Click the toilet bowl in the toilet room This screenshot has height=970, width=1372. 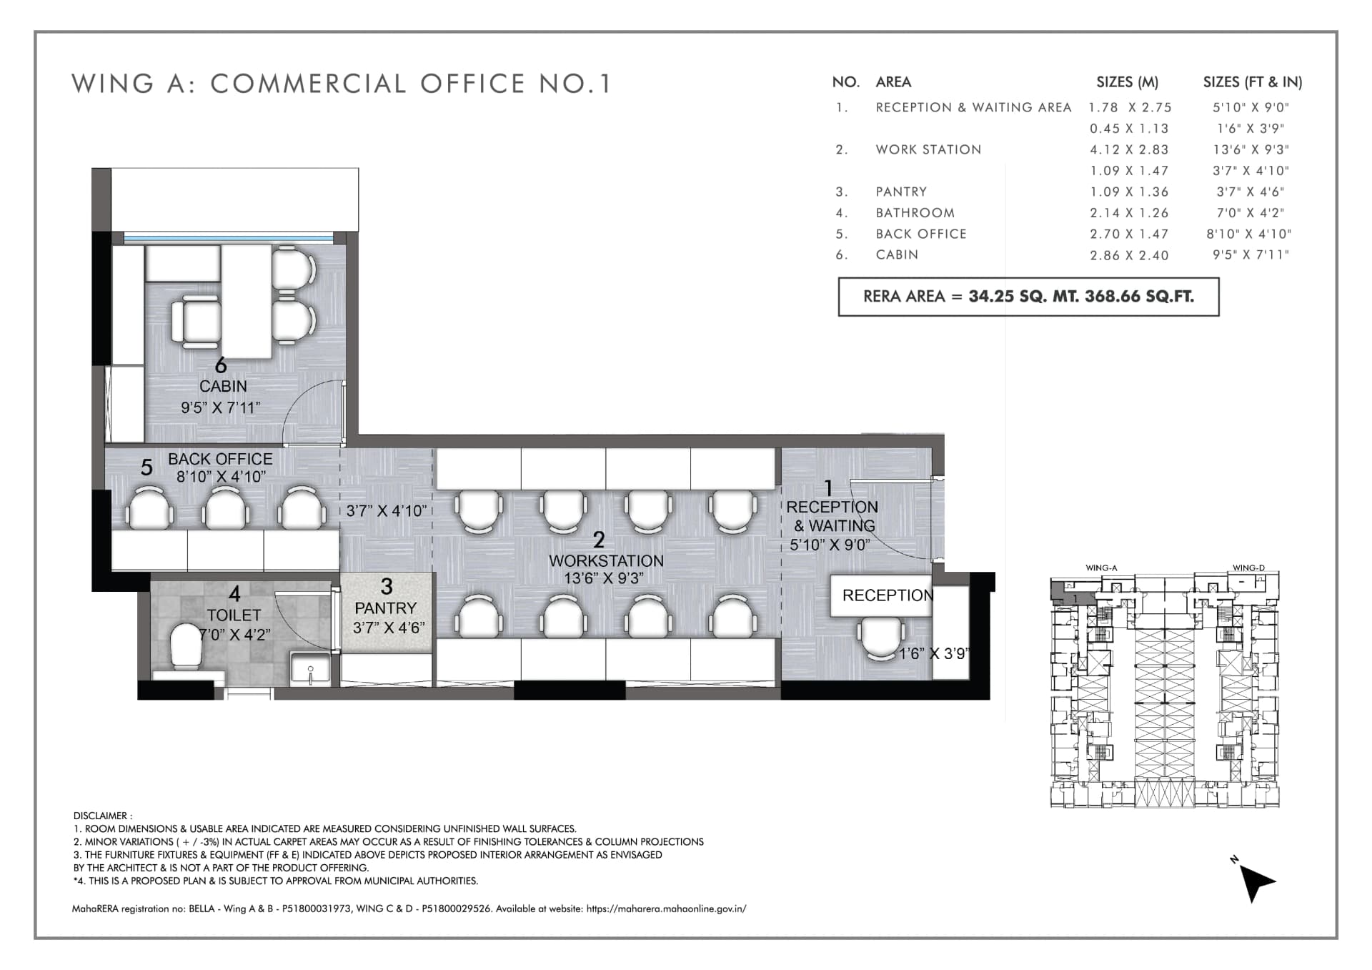187,646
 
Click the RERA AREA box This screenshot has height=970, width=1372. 1028,297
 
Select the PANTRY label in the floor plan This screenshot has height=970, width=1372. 386,608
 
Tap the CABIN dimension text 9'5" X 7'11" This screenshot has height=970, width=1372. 220,407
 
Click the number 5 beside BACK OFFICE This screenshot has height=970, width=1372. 146,467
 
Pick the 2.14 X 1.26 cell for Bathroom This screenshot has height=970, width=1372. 1129,213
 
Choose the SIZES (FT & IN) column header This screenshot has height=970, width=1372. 1252,82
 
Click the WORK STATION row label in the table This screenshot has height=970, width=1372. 928,149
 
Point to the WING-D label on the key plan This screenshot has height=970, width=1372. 1248,568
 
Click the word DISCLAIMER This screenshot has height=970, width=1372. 100,816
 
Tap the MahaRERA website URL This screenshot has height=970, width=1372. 666,909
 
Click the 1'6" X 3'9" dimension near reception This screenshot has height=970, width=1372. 933,653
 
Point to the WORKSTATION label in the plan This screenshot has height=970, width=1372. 606,561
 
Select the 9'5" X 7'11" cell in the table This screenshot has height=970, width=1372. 1251,255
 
